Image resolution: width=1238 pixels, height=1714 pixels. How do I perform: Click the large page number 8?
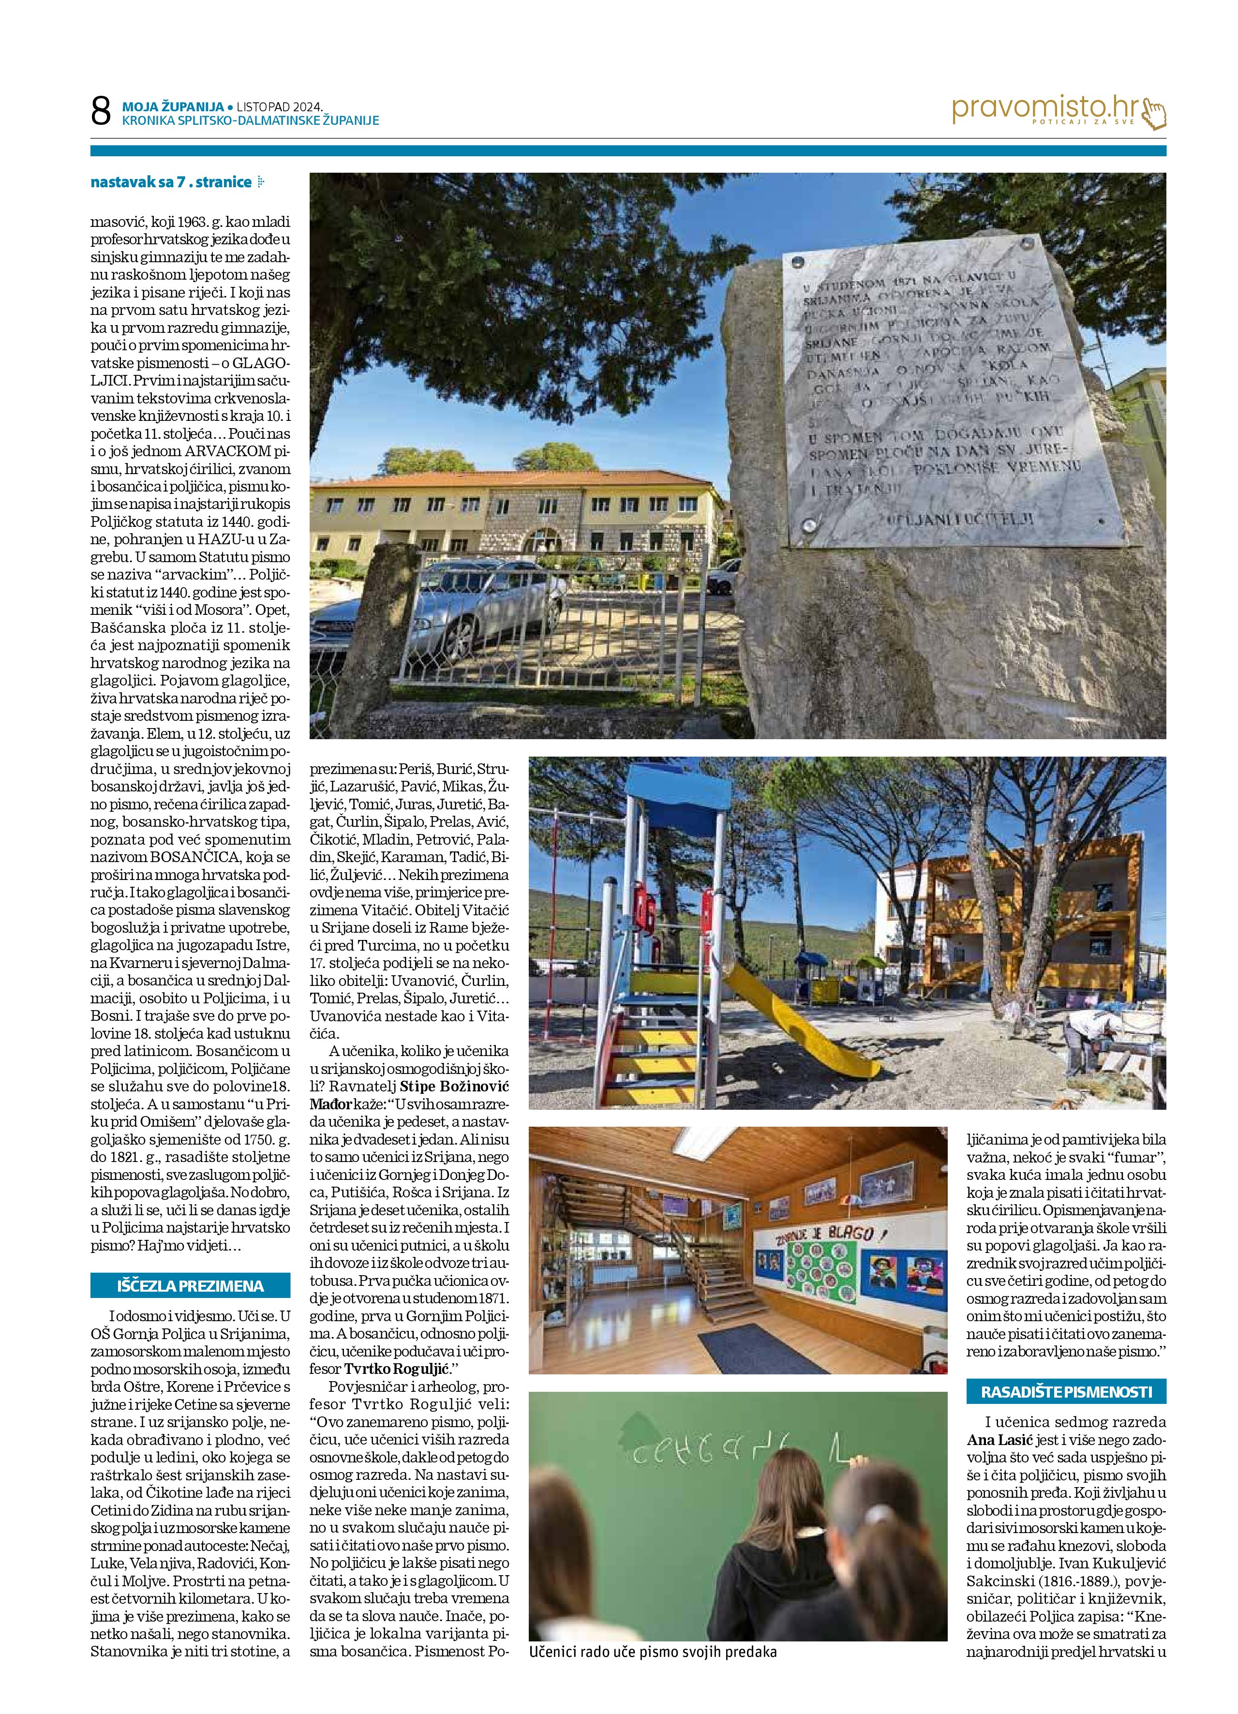101,112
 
